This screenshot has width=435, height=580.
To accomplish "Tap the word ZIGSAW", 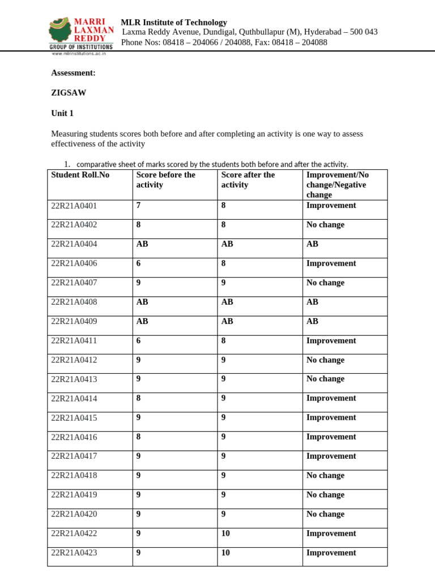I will point(69,93).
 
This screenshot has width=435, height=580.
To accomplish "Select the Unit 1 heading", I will point(62,113).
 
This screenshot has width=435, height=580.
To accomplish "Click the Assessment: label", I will point(73,73).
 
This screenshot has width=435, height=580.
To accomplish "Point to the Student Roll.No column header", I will point(80,175).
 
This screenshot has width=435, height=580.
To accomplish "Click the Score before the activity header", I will point(165,180).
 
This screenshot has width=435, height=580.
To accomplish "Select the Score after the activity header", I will point(248,180).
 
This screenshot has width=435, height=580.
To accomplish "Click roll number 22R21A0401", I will point(74,206).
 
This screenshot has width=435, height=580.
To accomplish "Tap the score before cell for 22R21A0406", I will point(139,263).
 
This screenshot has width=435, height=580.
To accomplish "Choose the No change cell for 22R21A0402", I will point(325,225).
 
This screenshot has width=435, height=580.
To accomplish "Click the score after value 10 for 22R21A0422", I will point(225,533).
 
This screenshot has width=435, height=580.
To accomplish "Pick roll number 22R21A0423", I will point(74,552).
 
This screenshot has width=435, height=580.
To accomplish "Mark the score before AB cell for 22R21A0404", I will point(142,244).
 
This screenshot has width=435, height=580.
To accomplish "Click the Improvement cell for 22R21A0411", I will point(331,340).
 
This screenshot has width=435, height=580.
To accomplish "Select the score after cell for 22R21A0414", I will point(224,398).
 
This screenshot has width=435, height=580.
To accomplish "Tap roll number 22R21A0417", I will point(74,456).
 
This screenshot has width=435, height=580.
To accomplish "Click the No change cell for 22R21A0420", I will point(325,514).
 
